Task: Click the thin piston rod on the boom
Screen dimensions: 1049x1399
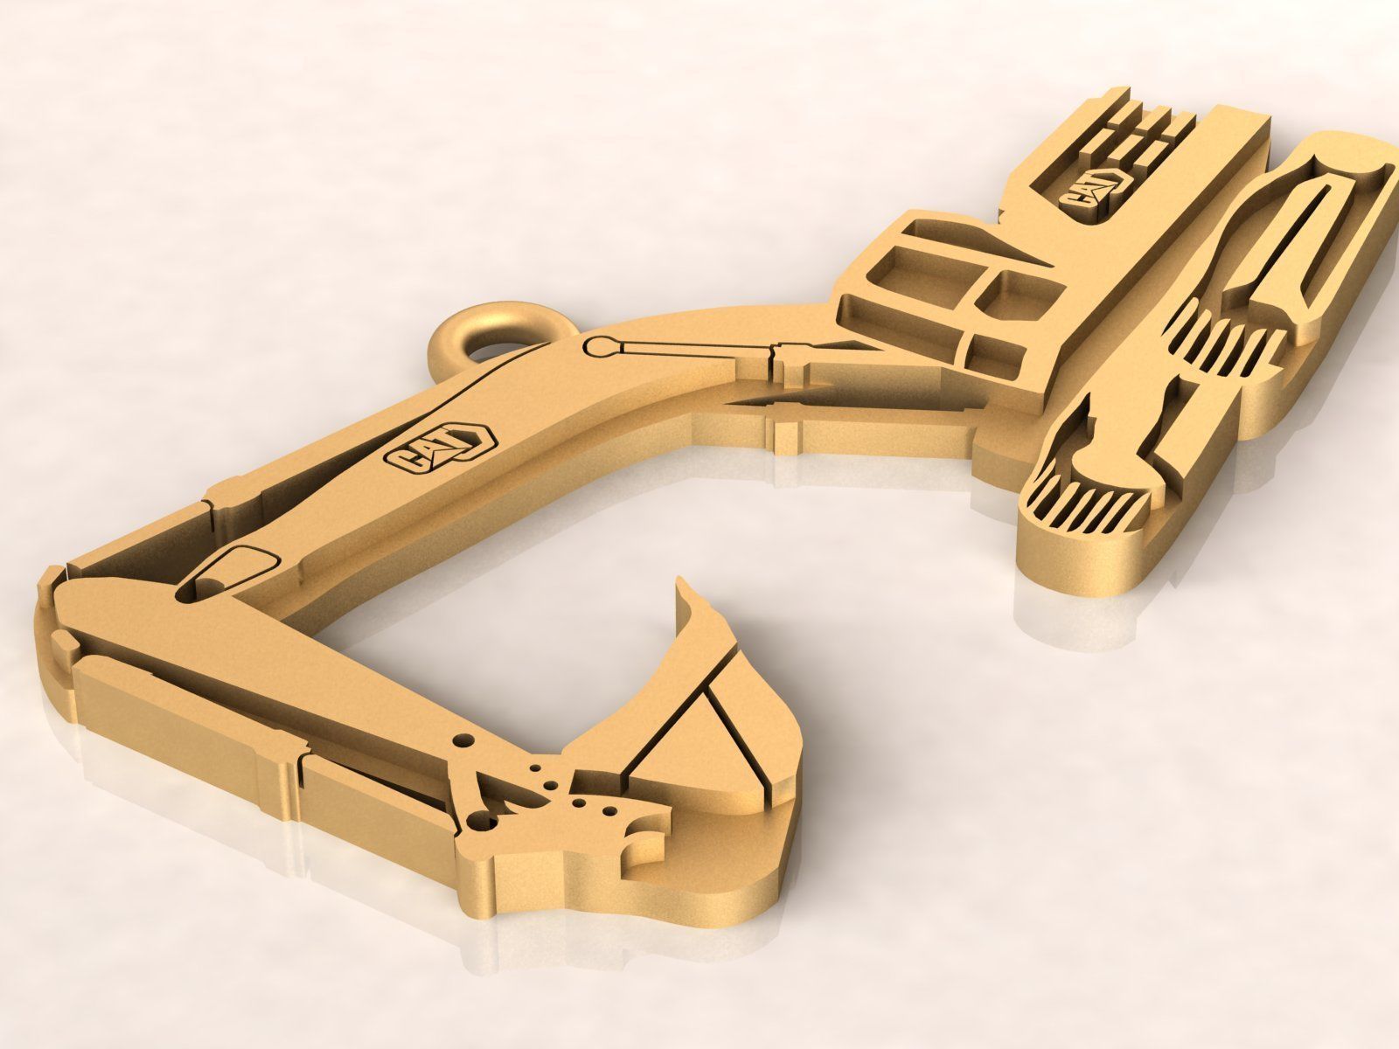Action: pyautogui.click(x=691, y=349)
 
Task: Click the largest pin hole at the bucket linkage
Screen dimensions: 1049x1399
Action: pyautogui.click(x=479, y=821)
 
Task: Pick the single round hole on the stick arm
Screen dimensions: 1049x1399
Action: pyautogui.click(x=464, y=740)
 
